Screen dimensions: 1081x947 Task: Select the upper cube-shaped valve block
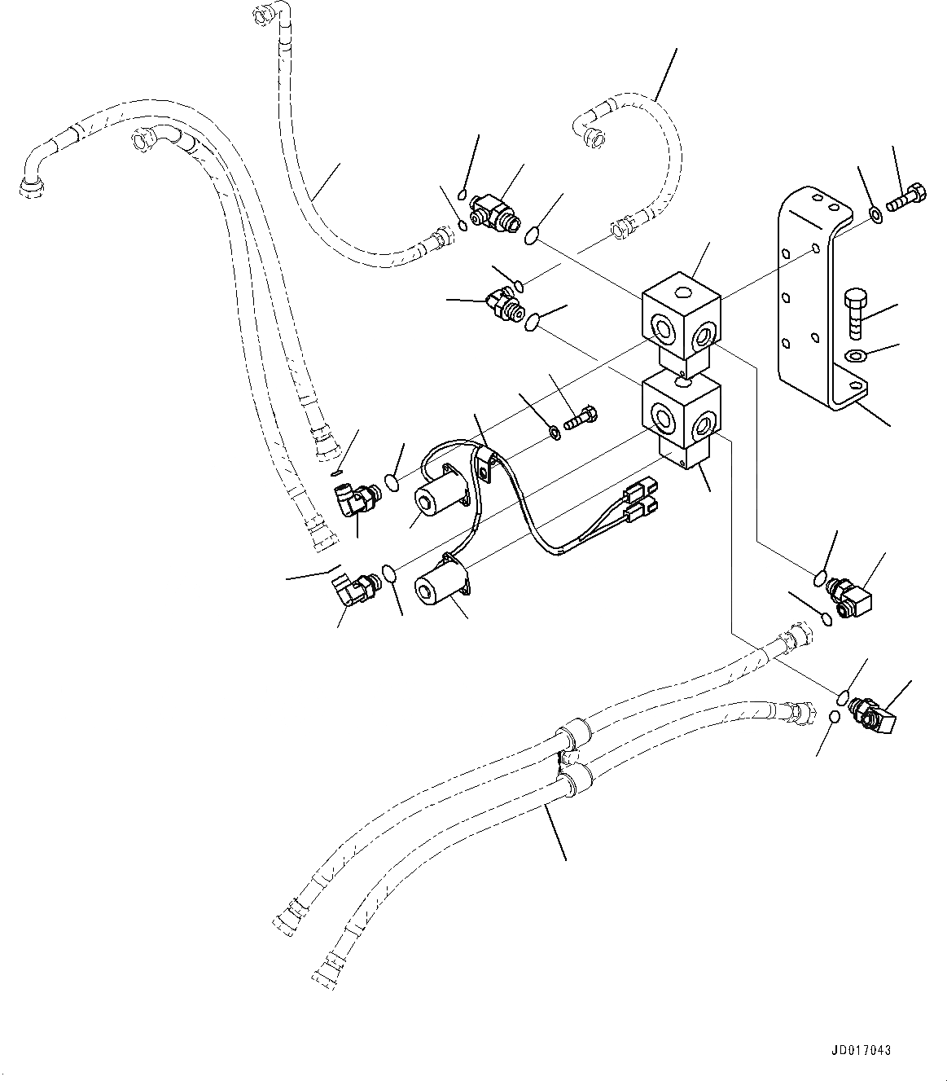click(681, 322)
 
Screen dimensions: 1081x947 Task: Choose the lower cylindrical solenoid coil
click(439, 584)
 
